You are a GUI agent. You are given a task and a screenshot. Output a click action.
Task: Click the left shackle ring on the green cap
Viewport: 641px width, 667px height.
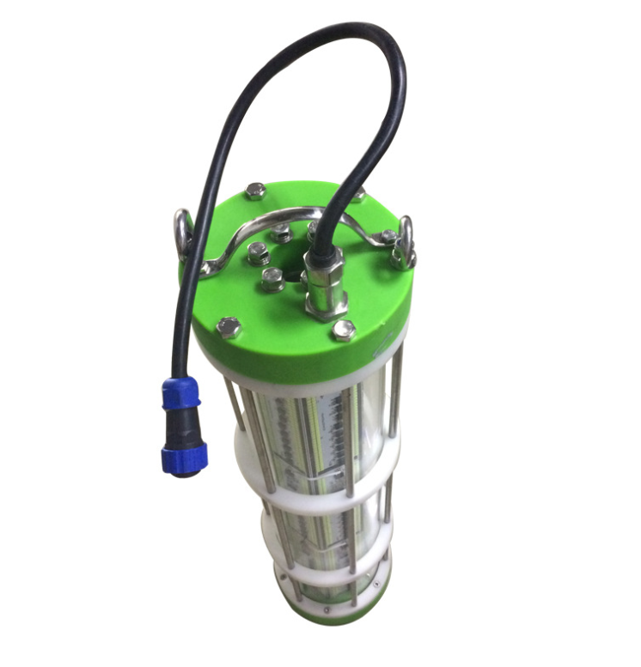(183, 233)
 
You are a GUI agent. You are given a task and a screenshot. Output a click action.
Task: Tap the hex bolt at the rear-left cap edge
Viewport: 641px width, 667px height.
(255, 191)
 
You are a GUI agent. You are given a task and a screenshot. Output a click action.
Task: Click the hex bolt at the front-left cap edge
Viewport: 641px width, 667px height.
(229, 327)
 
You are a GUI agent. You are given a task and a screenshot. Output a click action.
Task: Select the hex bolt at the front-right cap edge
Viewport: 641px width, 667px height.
(345, 330)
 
